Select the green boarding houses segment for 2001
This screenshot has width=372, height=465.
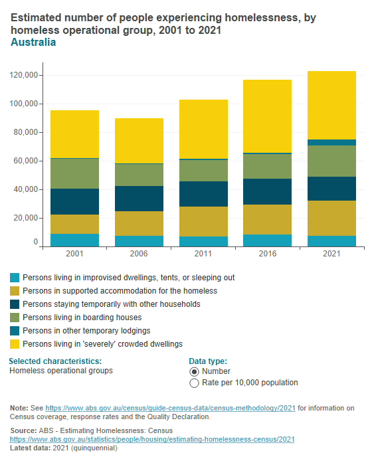74,173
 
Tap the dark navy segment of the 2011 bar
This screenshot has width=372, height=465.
203,194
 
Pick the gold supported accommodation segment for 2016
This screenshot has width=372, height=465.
267,219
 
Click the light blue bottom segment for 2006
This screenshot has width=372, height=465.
139,241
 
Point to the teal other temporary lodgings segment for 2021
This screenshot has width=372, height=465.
331,142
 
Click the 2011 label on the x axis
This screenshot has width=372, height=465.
203,254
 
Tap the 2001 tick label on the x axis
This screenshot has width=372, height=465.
74,254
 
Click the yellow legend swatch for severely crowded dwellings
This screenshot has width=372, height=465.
15,344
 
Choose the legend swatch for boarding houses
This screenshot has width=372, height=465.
15,318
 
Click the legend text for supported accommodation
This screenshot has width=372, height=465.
120,291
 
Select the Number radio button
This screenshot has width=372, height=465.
195,371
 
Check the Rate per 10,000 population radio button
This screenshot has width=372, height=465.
195,383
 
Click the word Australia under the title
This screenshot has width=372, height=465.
33,43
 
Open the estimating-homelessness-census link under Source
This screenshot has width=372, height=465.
152,440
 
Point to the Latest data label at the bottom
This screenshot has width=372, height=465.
31,448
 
